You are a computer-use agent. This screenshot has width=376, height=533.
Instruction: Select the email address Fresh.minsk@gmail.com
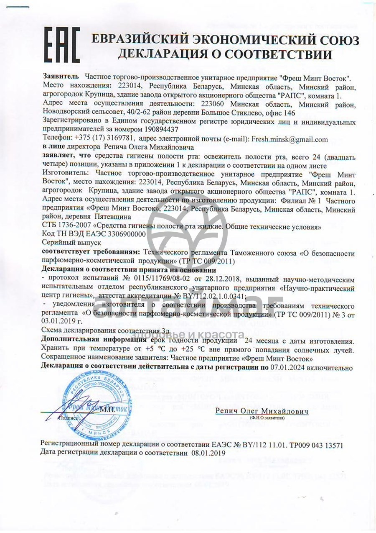click(x=290, y=139)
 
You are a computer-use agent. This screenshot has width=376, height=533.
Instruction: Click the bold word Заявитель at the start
click(x=61, y=78)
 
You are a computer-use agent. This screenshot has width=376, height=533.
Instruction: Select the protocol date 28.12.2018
click(x=243, y=278)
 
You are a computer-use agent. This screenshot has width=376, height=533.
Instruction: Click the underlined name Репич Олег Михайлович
click(x=262, y=411)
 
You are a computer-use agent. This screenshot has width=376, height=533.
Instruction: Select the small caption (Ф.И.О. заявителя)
click(x=267, y=418)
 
